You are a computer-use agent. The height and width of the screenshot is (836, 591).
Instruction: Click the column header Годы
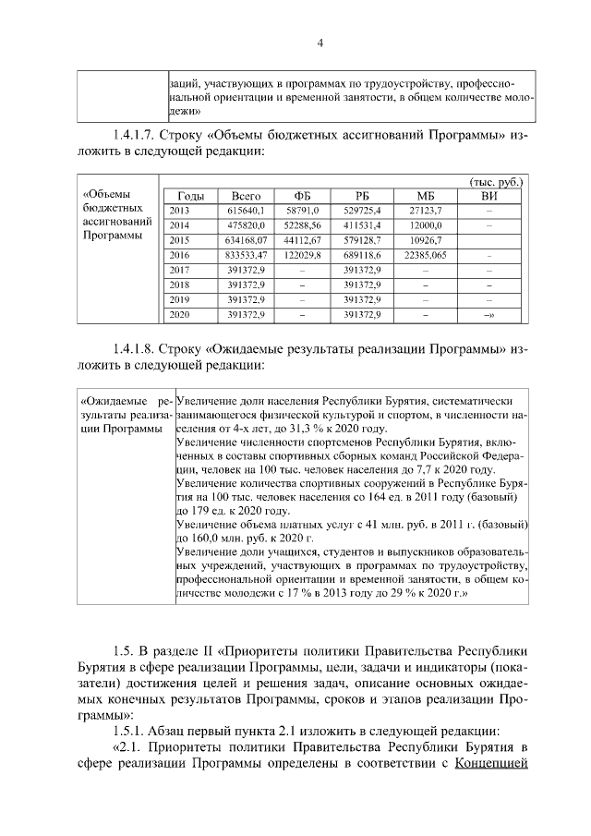click(190, 197)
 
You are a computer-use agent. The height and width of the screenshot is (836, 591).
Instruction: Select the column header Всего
click(247, 197)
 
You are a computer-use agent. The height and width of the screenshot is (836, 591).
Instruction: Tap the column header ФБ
click(302, 197)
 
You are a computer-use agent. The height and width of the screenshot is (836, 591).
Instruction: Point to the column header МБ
click(426, 197)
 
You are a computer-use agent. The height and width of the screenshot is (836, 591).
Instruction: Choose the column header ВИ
click(488, 197)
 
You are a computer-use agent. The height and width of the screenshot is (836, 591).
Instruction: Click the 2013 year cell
click(180, 212)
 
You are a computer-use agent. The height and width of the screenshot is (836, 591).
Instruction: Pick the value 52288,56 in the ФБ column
click(302, 225)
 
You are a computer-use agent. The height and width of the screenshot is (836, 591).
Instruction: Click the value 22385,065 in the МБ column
click(426, 255)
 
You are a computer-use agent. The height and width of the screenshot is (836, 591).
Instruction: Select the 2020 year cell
click(180, 315)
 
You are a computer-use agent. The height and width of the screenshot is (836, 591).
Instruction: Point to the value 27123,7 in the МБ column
click(426, 212)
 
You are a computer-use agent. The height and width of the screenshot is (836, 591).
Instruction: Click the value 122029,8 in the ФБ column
click(302, 255)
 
